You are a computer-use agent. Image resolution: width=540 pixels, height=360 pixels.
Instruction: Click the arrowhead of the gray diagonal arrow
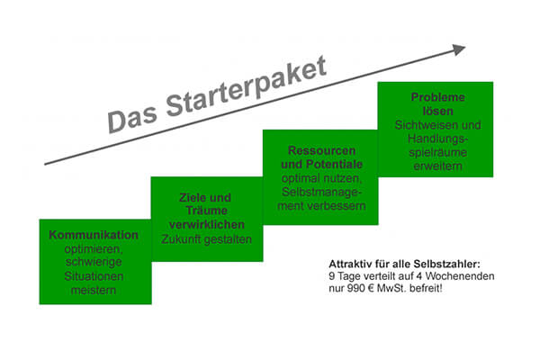tap(459, 49)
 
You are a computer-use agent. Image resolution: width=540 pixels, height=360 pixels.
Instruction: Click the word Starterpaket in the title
tap(247, 87)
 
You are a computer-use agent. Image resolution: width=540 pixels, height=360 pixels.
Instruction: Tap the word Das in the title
tap(132, 119)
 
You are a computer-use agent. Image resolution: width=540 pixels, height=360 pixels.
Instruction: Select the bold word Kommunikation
tap(94, 235)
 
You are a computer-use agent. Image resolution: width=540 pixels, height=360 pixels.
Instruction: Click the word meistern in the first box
tap(94, 290)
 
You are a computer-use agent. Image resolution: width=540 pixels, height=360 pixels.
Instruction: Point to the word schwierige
tap(94, 262)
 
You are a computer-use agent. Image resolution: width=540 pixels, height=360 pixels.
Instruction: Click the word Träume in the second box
tap(207, 211)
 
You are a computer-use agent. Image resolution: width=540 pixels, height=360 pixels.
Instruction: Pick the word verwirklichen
tap(207, 225)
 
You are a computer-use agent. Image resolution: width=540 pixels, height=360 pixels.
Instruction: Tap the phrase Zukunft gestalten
tap(207, 239)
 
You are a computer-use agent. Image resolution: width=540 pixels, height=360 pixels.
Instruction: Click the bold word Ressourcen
tap(321, 150)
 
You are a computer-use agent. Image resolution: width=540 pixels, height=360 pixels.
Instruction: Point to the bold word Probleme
tap(437, 97)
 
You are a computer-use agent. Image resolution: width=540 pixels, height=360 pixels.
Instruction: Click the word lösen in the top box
tap(437, 111)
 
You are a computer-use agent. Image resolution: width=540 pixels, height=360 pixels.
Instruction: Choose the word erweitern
tap(437, 166)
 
